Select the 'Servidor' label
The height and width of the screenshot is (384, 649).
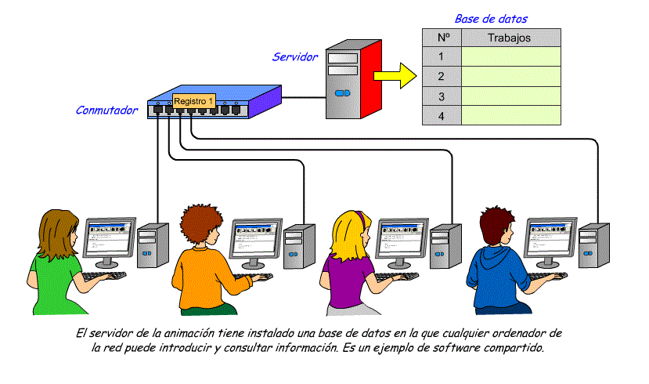[295, 56]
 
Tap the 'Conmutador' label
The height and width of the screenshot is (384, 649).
[106, 110]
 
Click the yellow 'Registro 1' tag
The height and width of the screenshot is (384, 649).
[193, 101]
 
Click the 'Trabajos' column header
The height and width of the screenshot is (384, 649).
[510, 38]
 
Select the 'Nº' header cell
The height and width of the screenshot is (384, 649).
[442, 38]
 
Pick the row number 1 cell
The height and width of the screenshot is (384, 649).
[442, 56]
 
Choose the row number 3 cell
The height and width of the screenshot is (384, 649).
[442, 96]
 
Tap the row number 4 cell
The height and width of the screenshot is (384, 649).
[442, 115]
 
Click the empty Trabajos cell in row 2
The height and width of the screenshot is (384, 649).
[510, 76]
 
